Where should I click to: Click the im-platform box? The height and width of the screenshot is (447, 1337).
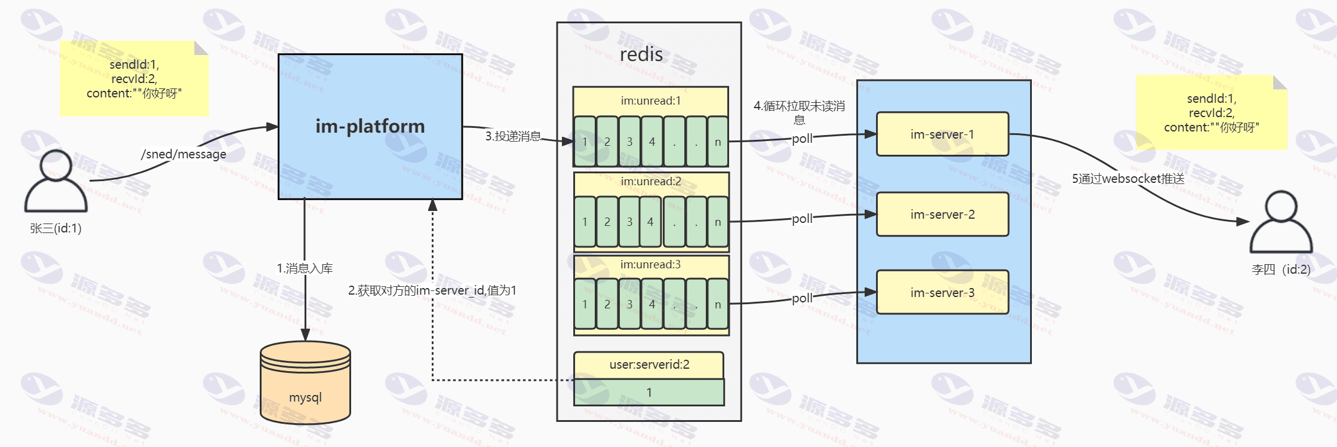370,127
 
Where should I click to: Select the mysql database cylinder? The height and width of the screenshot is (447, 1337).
305,382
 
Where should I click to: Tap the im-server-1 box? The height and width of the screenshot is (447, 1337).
942,134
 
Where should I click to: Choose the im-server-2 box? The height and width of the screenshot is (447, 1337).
942,214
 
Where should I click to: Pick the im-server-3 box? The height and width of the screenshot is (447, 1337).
942,292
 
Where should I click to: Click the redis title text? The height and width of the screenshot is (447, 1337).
641,54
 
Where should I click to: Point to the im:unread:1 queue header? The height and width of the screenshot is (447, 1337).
651,101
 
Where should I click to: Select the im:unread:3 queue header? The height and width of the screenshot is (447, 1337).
651,265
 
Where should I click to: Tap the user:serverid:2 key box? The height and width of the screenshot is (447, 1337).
649,365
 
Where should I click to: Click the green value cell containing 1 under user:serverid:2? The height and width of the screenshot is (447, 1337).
649,393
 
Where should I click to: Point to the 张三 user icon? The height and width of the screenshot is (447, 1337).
56,181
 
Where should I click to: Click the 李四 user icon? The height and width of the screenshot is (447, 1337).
1281,222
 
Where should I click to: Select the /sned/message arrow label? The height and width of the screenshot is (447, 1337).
183,154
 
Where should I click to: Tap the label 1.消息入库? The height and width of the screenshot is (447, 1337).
305,268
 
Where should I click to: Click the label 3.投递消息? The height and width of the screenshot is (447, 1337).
513,136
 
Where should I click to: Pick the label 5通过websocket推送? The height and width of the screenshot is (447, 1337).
1128,179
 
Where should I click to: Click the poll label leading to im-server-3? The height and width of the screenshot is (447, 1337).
802,298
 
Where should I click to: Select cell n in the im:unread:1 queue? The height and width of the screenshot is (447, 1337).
718,142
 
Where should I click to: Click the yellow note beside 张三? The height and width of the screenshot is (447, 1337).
134,78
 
